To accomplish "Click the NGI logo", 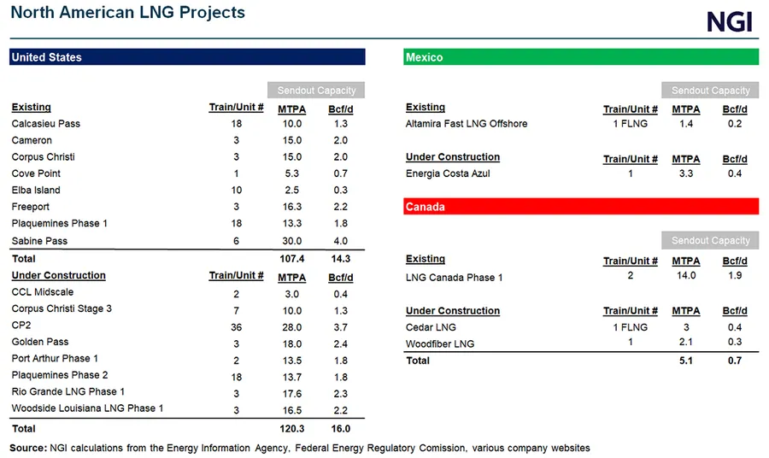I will coord(729,21).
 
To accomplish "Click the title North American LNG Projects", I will coord(127,13).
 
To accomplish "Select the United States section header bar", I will coord(187,57).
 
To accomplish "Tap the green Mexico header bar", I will coord(580,57).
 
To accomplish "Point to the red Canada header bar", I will coord(580,207).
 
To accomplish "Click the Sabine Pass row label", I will coord(39,241).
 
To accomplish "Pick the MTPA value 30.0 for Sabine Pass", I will coord(291,241).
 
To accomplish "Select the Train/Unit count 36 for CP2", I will coord(237,326).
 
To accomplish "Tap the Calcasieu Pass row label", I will coord(45,124).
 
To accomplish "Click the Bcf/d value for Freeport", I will coord(340,207).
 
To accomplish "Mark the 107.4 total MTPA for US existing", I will coord(291,258).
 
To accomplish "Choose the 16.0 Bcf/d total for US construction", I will coord(340,429).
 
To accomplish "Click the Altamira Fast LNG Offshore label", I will coord(467,124).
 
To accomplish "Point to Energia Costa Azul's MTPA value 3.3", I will coord(685,173).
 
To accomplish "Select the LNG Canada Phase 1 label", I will coord(454,278).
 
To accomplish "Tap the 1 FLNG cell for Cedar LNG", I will coord(631,327).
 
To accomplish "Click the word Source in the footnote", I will coord(28,448).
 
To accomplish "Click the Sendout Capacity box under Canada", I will coord(710,241).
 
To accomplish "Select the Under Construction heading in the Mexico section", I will coord(453,157).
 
